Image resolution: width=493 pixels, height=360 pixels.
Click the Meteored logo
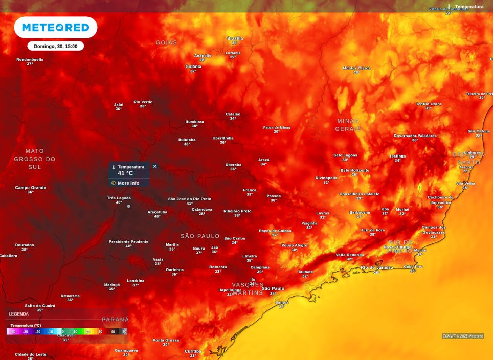(55, 27)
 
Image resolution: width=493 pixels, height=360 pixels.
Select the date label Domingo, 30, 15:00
(55, 46)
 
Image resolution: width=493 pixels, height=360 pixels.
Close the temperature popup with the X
(155, 166)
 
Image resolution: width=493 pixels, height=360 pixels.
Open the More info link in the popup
(128, 183)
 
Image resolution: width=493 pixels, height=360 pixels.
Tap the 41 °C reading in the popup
(125, 173)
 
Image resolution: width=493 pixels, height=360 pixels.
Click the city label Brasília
(235, 38)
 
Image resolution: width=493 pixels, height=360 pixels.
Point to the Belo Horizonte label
(354, 170)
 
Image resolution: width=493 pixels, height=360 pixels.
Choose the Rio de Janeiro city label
(376, 267)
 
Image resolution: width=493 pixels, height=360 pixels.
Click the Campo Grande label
(31, 188)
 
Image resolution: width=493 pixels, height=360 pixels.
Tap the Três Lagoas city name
(119, 198)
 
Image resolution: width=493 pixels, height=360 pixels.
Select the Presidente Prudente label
(129, 241)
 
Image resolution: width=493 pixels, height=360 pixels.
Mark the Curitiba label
(193, 351)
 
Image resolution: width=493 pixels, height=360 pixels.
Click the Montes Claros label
(356, 68)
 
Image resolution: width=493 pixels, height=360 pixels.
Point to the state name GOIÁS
(166, 42)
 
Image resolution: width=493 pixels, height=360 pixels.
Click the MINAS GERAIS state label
(348, 125)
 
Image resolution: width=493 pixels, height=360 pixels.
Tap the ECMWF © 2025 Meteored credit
(463, 336)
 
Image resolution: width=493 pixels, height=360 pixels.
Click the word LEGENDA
(19, 314)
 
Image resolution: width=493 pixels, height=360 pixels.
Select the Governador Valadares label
(415, 136)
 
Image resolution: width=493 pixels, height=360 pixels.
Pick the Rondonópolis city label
(30, 59)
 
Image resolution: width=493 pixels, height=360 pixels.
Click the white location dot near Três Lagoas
(128, 206)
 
